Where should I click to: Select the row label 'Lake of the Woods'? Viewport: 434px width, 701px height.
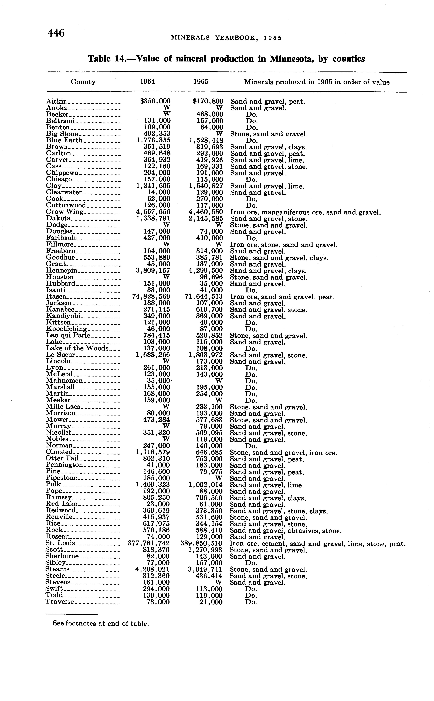coord(77,348)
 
